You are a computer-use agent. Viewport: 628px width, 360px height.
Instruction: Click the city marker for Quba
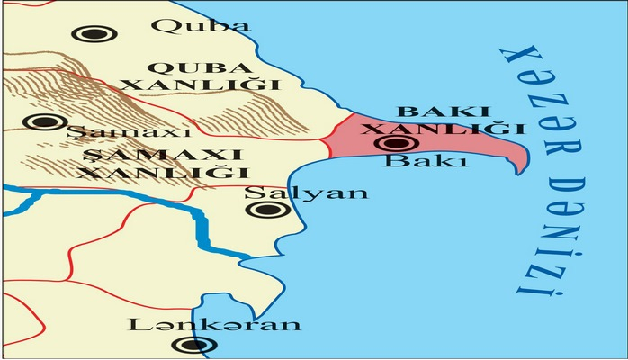88,35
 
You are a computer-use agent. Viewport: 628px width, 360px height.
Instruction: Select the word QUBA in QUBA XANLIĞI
176,68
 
